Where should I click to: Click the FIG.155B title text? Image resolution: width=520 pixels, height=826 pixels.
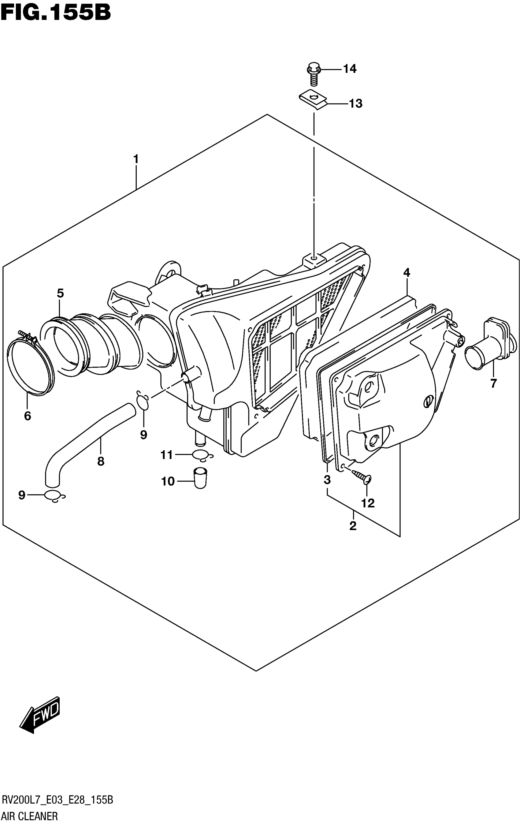coord(56,13)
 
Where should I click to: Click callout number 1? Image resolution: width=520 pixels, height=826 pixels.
coord(136,159)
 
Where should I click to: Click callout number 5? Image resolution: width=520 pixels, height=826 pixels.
coord(60,293)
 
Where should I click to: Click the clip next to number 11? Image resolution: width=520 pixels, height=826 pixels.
coord(202,455)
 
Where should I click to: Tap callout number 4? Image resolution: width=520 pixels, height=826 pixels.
coord(407,273)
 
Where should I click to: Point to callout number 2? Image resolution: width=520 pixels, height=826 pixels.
coord(353,525)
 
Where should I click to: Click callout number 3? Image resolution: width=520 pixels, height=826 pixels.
coord(327,480)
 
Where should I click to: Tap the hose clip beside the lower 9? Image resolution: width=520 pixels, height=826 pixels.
coord(54,496)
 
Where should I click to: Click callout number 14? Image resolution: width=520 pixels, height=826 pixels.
coord(350,69)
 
